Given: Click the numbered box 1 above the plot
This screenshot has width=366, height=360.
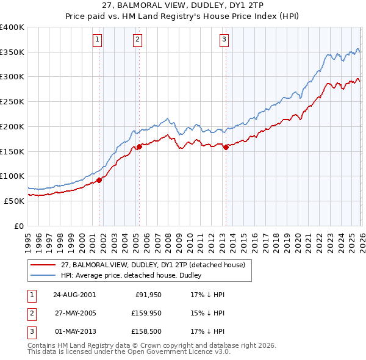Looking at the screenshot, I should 98,40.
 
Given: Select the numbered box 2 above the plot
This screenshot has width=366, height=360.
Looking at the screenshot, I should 138,40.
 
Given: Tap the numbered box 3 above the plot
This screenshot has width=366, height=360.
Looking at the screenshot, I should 224,40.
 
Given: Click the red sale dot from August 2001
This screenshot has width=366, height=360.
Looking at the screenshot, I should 99,180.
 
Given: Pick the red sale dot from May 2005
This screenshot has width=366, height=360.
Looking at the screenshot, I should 139,146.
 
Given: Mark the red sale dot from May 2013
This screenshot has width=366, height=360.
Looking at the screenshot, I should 226,147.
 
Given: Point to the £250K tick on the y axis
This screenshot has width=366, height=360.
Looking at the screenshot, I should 12,102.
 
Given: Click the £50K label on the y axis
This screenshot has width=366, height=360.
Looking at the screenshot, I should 14,201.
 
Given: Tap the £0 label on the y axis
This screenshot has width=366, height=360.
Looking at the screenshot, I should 20,226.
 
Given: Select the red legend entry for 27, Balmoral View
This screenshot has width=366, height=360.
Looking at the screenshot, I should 152,265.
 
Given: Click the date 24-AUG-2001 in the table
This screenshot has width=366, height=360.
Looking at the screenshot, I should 74,294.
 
